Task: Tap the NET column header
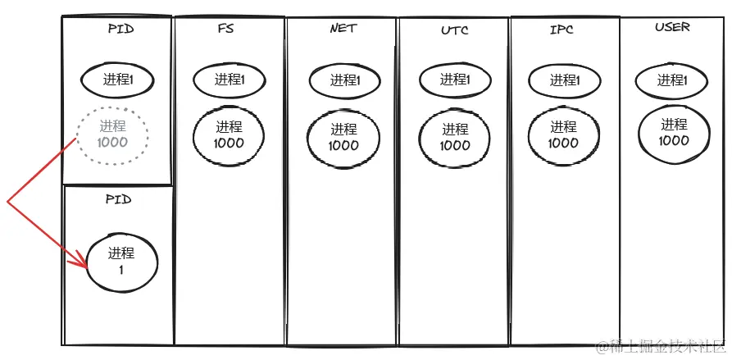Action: [x=343, y=29]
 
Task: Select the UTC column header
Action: [x=453, y=30]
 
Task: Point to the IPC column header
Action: [x=562, y=30]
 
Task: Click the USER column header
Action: [x=672, y=27]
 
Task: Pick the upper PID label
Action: [x=120, y=28]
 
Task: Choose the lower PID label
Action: [x=118, y=198]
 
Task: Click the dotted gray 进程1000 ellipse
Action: [x=112, y=134]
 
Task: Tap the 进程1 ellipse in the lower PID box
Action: [x=120, y=261]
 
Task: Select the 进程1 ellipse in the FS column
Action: [x=229, y=80]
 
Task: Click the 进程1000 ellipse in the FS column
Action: [x=230, y=134]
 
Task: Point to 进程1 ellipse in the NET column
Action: [x=344, y=80]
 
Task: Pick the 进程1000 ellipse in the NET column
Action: [x=344, y=137]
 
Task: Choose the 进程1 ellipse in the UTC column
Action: [x=454, y=80]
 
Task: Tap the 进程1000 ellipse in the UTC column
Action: [x=455, y=137]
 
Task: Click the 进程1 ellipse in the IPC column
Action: [x=563, y=80]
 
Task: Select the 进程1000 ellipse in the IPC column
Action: [x=563, y=134]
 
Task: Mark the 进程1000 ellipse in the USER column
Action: [x=674, y=132]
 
